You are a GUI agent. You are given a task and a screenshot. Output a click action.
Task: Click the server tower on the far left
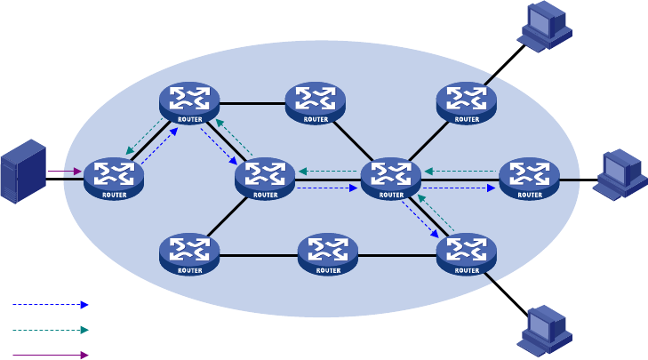point(24,172)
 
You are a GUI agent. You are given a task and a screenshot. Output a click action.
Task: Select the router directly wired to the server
point(114,179)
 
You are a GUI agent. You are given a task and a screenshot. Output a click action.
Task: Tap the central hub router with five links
point(391,179)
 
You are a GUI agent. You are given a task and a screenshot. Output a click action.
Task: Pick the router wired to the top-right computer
point(467,103)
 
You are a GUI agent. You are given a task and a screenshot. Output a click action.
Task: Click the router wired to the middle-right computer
point(530,179)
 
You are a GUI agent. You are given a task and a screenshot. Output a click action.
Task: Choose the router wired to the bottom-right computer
point(467,254)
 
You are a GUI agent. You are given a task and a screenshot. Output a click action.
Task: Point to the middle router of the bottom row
point(328,254)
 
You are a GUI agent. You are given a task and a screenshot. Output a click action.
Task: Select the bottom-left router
point(189,254)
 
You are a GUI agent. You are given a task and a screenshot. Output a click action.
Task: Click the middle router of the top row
point(316,103)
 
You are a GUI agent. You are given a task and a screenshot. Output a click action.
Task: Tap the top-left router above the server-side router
point(189,103)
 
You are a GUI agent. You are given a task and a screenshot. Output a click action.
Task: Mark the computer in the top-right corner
point(544,27)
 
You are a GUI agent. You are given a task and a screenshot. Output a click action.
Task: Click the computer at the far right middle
point(620,175)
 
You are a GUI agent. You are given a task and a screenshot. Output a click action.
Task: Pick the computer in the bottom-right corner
point(544,331)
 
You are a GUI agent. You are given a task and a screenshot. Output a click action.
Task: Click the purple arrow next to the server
point(65,171)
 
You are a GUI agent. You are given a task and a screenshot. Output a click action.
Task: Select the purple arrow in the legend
point(51,355)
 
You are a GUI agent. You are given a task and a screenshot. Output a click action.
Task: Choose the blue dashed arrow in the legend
point(51,305)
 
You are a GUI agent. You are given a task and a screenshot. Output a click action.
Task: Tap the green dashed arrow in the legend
point(51,330)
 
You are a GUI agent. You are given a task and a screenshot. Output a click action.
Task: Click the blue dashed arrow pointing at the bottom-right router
point(420,220)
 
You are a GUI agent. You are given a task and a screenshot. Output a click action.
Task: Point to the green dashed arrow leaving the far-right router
point(460,172)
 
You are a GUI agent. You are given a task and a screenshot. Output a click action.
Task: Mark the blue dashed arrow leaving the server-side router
point(159,146)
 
